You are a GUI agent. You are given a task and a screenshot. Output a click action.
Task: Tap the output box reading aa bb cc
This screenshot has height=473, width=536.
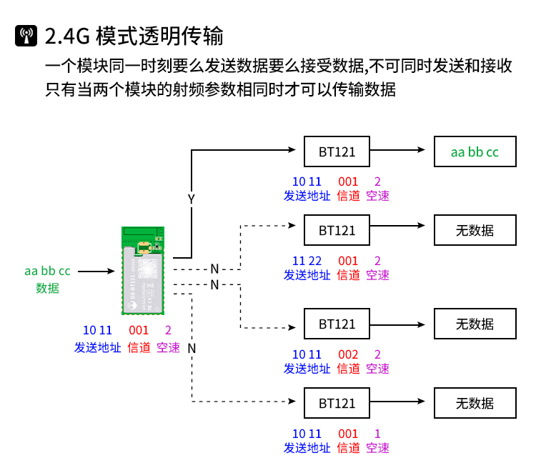pyautogui.click(x=475, y=151)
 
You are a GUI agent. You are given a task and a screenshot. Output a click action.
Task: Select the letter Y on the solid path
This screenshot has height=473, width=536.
pyautogui.click(x=191, y=199)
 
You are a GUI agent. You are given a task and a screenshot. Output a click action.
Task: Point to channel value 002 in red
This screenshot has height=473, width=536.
pyautogui.click(x=348, y=354)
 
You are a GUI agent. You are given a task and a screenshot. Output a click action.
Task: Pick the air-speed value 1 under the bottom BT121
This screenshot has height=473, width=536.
pyautogui.click(x=377, y=434)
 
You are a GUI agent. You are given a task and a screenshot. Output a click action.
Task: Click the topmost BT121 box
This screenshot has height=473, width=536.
pyautogui.click(x=337, y=151)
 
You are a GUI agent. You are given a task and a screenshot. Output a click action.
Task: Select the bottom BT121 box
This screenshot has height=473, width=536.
pyautogui.click(x=337, y=403)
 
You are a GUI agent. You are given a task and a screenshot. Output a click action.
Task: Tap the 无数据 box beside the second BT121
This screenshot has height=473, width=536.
pyautogui.click(x=475, y=230)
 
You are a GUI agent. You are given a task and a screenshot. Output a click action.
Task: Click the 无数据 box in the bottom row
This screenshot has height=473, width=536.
pyautogui.click(x=475, y=403)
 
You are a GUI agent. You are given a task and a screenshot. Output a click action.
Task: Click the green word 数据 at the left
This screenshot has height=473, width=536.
pyautogui.click(x=47, y=289)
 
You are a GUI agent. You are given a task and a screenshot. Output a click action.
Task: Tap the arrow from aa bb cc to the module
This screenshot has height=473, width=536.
pyautogui.click(x=96, y=272)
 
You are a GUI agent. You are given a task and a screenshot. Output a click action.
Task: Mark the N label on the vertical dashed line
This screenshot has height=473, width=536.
pyautogui.click(x=192, y=348)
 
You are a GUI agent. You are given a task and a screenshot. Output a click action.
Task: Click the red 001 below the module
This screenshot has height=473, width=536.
pyautogui.click(x=139, y=330)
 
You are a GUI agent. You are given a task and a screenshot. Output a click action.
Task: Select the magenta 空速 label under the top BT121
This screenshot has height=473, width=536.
pyautogui.click(x=377, y=196)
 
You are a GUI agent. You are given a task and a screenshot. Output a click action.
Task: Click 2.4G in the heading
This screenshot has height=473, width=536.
pyautogui.click(x=66, y=36)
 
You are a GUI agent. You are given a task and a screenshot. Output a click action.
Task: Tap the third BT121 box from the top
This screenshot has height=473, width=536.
pyautogui.click(x=337, y=324)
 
